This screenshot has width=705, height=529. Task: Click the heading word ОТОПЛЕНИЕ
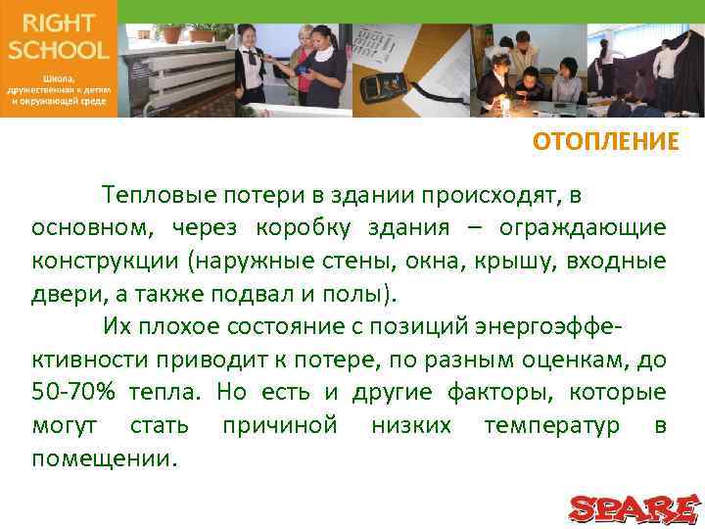(605, 143)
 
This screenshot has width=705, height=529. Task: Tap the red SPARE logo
(635, 507)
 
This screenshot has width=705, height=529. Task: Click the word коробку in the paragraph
(298, 228)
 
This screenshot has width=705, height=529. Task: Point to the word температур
(553, 425)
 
